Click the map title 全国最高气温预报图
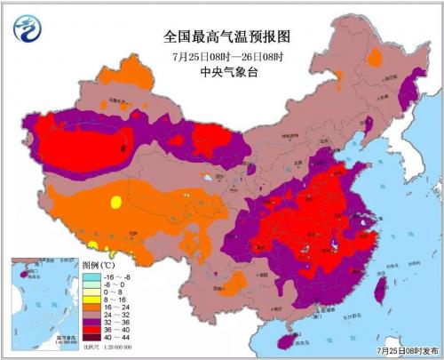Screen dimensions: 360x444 coord(221,36)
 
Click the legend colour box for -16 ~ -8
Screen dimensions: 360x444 coord(89,277)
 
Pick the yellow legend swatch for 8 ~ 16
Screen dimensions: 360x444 coord(89,300)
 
